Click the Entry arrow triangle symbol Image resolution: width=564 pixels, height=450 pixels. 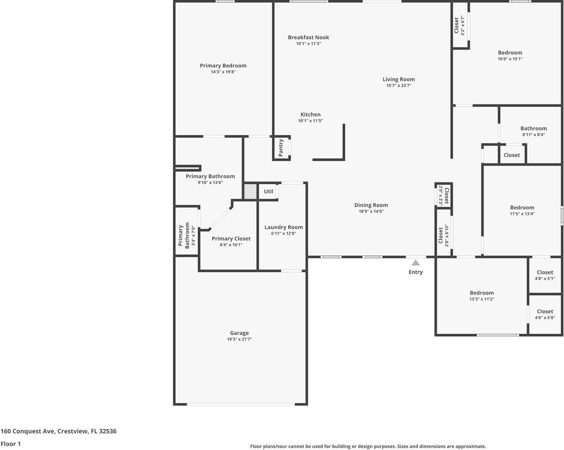point(416,263)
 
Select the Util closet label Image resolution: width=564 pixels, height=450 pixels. point(269,191)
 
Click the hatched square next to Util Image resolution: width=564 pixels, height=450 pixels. point(250,191)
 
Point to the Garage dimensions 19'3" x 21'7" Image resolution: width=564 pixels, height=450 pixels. point(239,339)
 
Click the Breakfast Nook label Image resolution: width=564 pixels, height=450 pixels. point(308,37)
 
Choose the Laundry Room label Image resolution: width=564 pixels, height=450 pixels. point(283,227)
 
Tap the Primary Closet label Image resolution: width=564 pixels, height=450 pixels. point(231,239)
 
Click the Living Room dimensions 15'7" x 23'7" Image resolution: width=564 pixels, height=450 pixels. point(399,86)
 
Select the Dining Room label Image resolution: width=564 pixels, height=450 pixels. point(371,205)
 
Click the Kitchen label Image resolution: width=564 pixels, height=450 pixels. point(310,114)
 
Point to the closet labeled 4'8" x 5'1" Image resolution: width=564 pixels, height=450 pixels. point(545,275)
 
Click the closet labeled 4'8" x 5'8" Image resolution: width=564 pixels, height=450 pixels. point(545,314)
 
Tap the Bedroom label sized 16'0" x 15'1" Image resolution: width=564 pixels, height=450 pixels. point(510,53)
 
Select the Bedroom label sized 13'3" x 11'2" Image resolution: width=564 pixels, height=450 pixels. point(482,293)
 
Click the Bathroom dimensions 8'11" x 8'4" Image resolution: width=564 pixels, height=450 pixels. point(534,135)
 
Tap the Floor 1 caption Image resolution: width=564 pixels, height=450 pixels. point(11,443)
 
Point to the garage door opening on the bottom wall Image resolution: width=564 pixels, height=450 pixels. point(241,404)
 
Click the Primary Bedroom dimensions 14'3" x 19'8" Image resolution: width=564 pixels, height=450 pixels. point(223,72)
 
